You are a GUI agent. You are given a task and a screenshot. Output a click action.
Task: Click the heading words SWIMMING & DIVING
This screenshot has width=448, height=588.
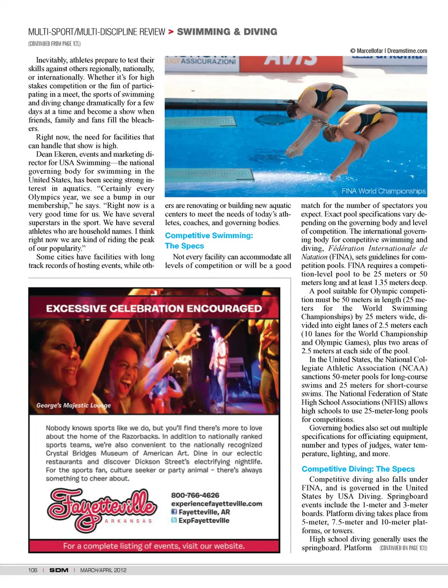(227, 32)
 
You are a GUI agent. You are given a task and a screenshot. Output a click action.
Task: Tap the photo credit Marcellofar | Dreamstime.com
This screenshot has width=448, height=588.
(389, 51)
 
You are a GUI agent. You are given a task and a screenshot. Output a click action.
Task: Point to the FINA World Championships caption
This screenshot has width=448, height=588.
(383, 191)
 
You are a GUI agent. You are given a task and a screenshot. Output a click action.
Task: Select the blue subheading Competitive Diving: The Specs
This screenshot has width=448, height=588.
(358, 469)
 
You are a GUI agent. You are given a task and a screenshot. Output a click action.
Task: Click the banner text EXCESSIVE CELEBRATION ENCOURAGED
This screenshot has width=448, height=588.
(154, 308)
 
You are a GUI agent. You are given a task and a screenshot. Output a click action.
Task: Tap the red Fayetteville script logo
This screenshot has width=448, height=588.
(102, 508)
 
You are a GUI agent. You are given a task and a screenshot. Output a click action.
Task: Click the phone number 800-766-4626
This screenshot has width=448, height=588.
(195, 495)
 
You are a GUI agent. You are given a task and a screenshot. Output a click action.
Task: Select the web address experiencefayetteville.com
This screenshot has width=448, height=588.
(217, 504)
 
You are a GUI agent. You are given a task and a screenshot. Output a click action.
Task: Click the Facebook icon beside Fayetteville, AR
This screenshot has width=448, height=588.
(174, 512)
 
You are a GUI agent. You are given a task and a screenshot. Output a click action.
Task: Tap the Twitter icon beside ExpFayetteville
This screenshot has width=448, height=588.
(174, 520)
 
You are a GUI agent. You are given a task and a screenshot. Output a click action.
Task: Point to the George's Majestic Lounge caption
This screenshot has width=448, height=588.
(74, 406)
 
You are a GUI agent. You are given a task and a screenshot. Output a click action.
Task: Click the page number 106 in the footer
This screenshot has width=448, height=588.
(33, 570)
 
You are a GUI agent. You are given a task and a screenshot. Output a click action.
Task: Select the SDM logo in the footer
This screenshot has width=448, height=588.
(59, 570)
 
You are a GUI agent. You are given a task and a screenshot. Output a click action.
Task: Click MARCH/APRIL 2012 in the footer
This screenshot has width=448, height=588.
(103, 570)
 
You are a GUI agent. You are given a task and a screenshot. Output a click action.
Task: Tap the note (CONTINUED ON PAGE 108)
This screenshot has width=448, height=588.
(403, 548)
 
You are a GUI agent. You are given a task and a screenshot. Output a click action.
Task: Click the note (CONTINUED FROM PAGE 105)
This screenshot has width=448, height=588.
(54, 44)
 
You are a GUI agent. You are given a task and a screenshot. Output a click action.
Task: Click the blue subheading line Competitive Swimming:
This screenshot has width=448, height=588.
(209, 236)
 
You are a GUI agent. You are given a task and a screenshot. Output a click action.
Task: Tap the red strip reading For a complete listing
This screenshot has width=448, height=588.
(154, 546)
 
